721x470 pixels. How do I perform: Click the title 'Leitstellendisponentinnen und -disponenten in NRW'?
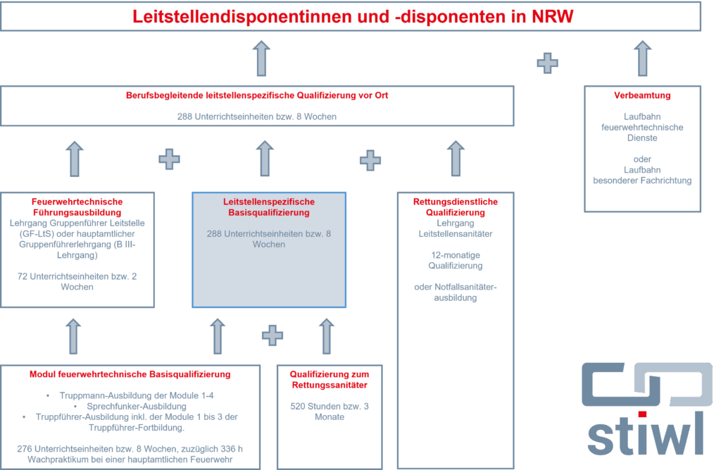pyautogui.click(x=353, y=17)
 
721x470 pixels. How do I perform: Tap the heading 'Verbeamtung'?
pyautogui.click(x=642, y=95)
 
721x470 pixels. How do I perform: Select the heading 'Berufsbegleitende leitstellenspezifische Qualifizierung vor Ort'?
pyautogui.click(x=257, y=95)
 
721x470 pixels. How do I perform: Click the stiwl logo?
pyautogui.click(x=647, y=409)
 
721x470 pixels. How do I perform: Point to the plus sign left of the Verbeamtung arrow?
pyautogui.click(x=547, y=63)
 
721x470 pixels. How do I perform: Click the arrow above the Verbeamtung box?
pyautogui.click(x=642, y=58)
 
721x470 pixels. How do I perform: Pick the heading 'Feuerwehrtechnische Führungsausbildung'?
pyautogui.click(x=77, y=207)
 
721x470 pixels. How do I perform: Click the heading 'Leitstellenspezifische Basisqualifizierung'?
pyautogui.click(x=269, y=207)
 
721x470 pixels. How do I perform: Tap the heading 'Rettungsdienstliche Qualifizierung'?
pyautogui.click(x=456, y=207)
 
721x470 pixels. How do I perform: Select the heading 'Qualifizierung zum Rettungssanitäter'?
pyautogui.click(x=330, y=379)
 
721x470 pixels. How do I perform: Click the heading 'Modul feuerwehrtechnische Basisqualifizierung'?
pyautogui.click(x=130, y=374)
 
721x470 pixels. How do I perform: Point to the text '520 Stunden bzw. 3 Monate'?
pyautogui.click(x=330, y=412)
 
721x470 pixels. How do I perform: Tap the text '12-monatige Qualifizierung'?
pyautogui.click(x=456, y=261)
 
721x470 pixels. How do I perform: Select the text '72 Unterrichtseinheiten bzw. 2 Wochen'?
pyautogui.click(x=77, y=282)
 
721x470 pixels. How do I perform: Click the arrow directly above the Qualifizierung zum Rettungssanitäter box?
pyautogui.click(x=327, y=337)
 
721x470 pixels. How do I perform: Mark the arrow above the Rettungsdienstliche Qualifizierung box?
pyautogui.click(x=456, y=159)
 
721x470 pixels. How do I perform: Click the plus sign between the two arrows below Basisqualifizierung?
pyautogui.click(x=272, y=335)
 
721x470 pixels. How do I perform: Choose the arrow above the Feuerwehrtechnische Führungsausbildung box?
pyautogui.click(x=75, y=159)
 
